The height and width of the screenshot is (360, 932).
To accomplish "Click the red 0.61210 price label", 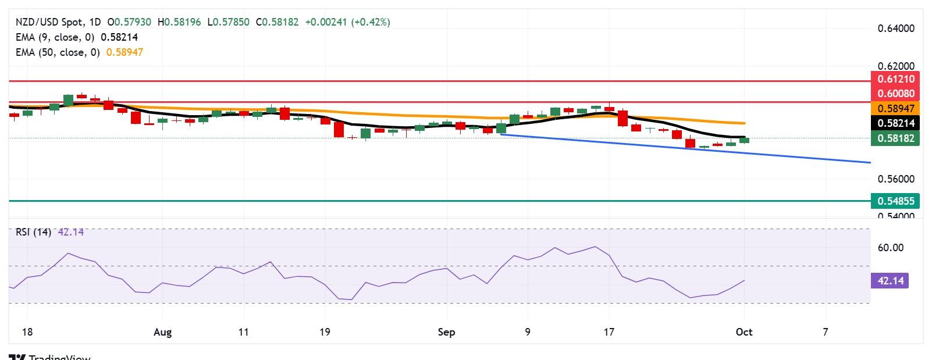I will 895,79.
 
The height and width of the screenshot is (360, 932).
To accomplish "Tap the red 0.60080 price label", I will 895,93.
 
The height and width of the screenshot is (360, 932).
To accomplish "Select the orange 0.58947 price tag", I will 895,108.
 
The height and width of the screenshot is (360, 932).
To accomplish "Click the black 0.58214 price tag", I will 895,123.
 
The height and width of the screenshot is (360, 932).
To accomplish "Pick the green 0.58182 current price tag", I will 895,138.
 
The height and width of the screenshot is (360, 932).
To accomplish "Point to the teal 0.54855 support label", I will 895,201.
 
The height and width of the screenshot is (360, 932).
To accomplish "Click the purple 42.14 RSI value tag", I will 890,281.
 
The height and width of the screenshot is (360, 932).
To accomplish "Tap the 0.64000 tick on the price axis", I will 895,28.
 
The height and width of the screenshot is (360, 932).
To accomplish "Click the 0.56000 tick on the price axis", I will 895,179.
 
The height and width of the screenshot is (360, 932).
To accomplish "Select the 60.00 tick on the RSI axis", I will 890,248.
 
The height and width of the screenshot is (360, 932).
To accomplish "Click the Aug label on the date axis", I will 163,332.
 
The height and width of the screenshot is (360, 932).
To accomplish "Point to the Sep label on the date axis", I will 446,332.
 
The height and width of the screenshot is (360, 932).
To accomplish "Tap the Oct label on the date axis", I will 744,332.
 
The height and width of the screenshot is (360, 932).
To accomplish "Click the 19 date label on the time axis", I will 325,332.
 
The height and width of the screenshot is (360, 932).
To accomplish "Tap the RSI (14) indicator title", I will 33,232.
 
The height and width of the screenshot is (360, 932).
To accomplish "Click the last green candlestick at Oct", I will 744,140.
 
